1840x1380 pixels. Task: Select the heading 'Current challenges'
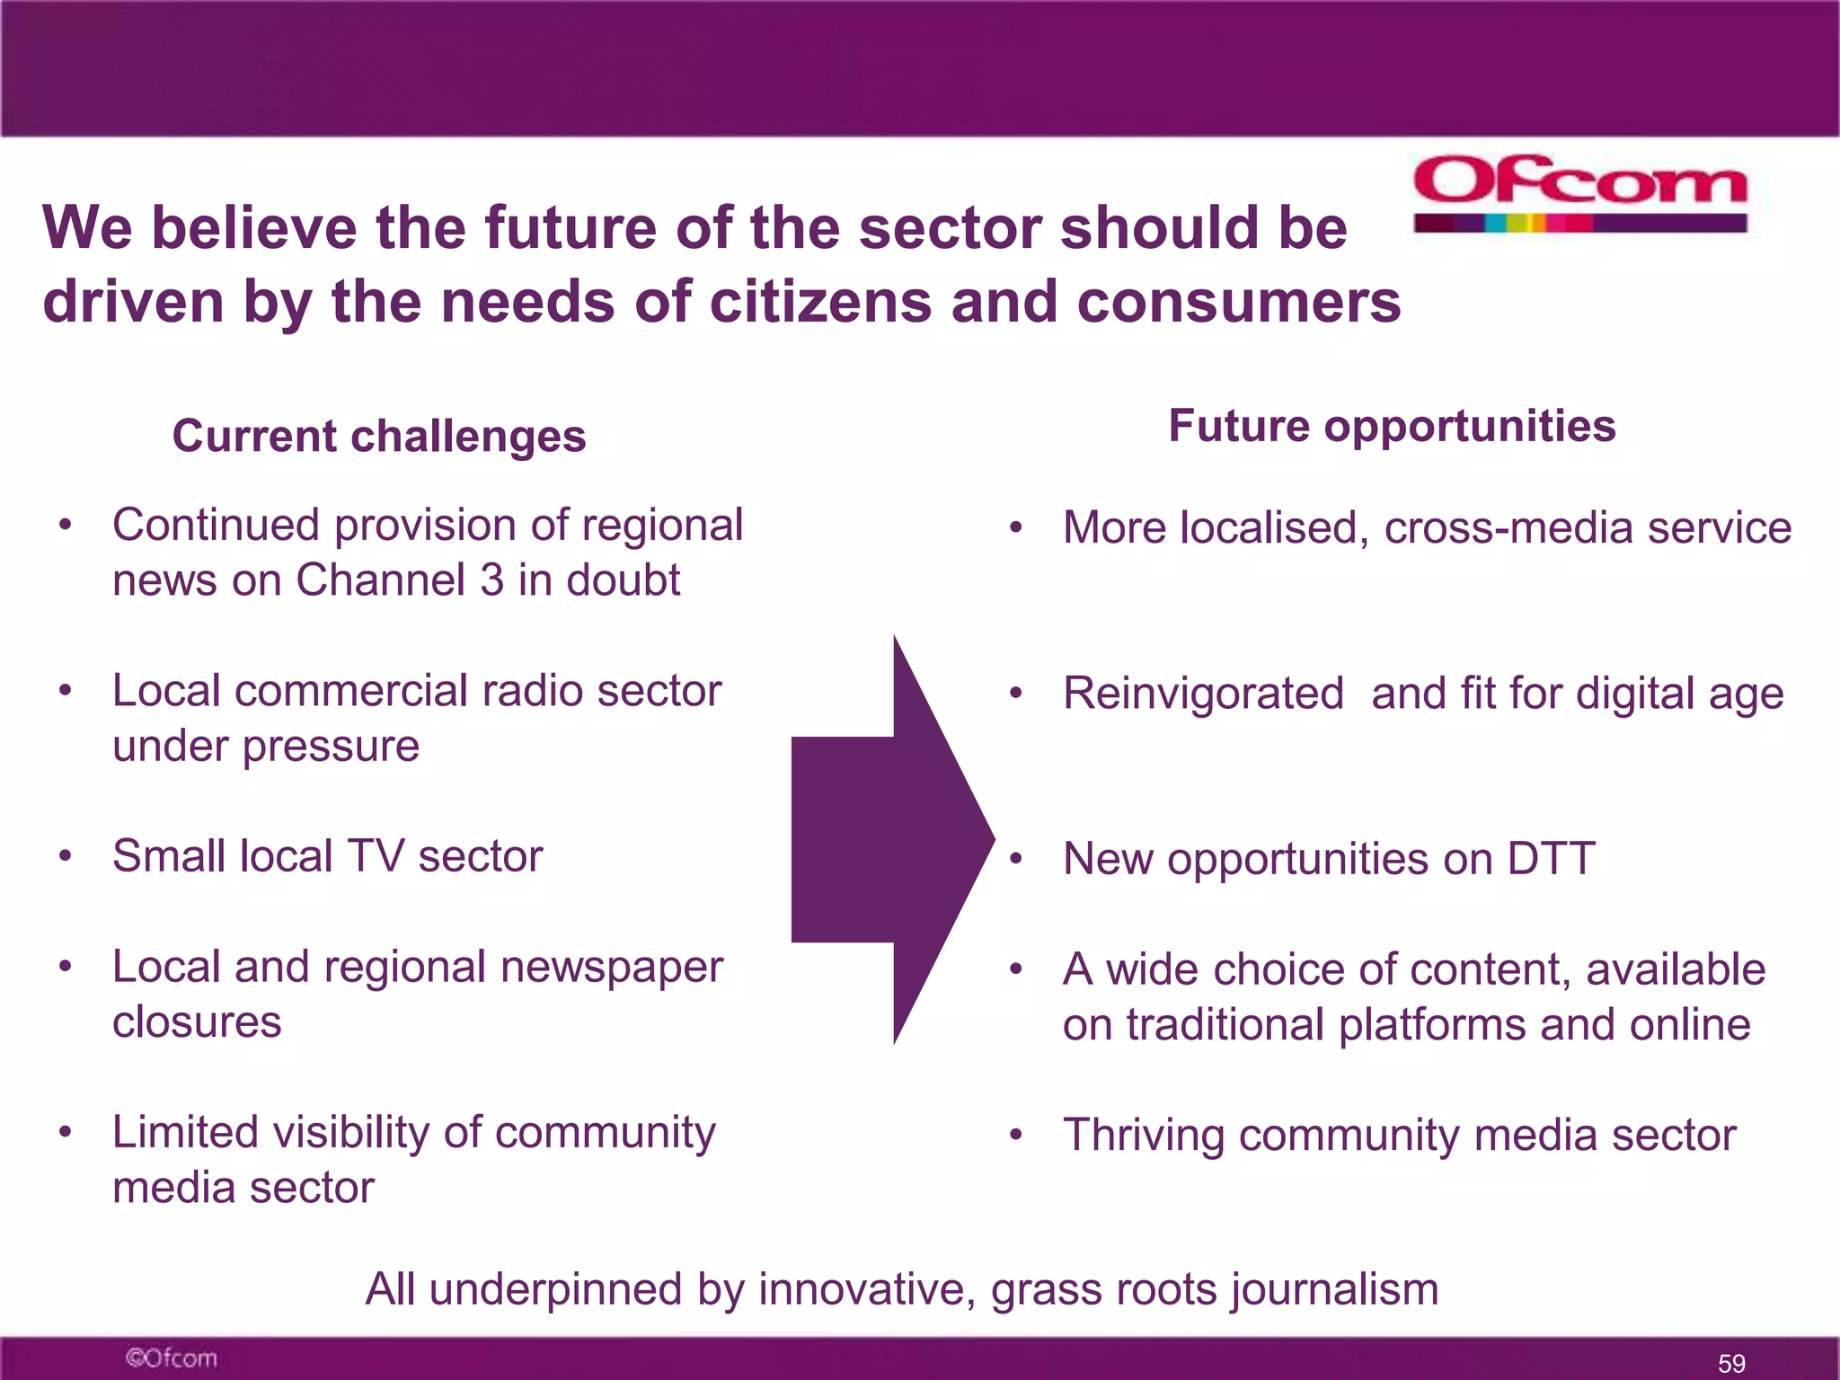click(x=378, y=437)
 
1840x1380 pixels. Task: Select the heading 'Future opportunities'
click(x=1392, y=426)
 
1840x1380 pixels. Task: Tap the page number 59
click(x=1730, y=1363)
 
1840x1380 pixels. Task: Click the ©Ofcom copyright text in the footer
click(x=171, y=1358)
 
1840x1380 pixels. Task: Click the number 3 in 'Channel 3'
click(x=491, y=580)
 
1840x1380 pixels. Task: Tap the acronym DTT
click(x=1551, y=859)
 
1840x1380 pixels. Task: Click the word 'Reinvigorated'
click(x=1203, y=694)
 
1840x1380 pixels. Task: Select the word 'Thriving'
click(x=1143, y=1136)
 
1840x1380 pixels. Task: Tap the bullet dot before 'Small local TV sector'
click(x=65, y=856)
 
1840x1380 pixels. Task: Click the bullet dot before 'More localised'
click(x=1015, y=527)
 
